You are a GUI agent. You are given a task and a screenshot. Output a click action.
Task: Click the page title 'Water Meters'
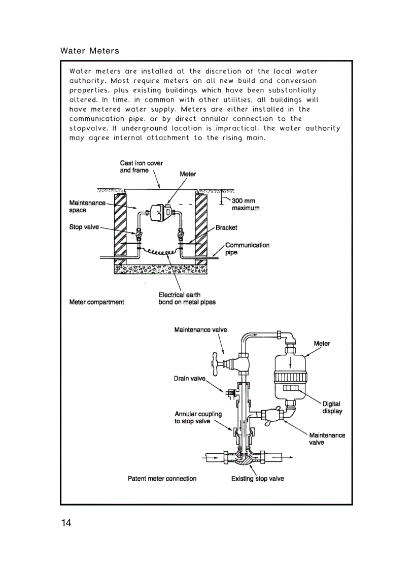click(90, 51)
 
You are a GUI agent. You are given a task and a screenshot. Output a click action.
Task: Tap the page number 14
click(66, 523)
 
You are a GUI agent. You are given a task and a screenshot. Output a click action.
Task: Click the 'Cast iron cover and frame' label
click(141, 166)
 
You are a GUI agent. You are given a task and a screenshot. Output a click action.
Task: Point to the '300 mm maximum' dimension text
click(246, 205)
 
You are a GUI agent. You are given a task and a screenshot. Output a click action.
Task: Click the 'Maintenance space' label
click(87, 207)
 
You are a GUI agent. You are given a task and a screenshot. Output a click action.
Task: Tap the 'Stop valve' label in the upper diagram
click(84, 227)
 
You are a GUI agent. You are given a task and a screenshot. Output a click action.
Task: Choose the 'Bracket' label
click(226, 227)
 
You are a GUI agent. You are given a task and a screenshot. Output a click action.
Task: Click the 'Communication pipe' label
click(247, 249)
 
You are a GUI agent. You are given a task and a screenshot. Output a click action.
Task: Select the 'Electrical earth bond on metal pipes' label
click(187, 298)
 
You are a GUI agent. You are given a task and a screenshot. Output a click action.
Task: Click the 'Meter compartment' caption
click(96, 302)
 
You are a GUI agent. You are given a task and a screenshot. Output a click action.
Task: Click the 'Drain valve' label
click(190, 378)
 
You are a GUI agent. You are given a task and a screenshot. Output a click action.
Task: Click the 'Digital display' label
click(332, 408)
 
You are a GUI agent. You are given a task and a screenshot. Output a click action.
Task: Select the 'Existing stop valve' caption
click(257, 479)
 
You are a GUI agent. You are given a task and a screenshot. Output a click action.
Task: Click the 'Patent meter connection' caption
click(162, 479)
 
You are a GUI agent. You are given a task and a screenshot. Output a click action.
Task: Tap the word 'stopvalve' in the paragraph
click(87, 128)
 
